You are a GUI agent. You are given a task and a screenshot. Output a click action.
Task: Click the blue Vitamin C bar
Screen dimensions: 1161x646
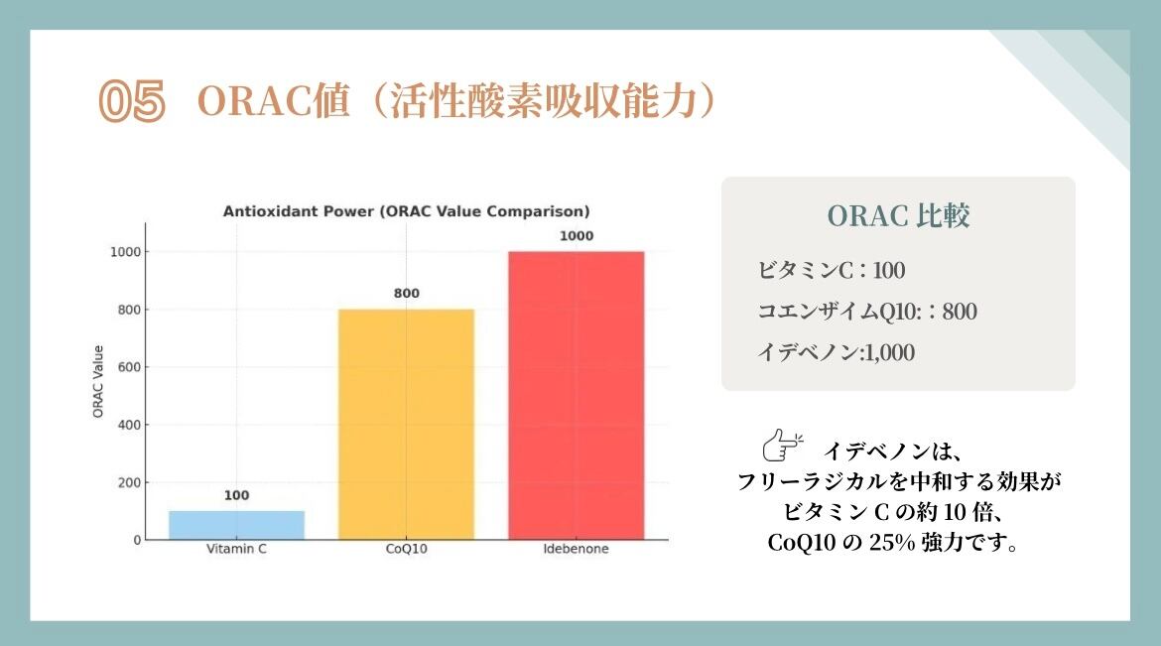(x=236, y=525)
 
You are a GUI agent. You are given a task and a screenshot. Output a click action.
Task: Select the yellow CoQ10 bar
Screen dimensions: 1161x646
(x=406, y=425)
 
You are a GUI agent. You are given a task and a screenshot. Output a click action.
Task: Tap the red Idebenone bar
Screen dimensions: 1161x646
(x=577, y=396)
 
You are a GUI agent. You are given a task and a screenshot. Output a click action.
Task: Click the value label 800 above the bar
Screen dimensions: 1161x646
(x=407, y=294)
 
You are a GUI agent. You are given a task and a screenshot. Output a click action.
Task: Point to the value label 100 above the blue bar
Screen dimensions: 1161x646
(x=237, y=495)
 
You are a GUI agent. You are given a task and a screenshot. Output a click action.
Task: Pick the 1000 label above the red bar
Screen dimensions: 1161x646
(x=577, y=235)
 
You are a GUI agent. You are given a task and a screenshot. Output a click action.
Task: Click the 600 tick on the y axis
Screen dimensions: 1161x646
(x=129, y=367)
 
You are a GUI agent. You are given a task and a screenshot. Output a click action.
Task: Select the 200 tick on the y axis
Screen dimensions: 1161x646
(x=129, y=482)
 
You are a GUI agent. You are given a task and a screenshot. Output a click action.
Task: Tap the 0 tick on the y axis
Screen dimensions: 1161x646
(x=137, y=540)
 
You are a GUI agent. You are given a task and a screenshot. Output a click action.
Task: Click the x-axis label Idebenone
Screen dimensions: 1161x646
(x=577, y=549)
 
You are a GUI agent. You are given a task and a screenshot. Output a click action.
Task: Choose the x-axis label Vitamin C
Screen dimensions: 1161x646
(x=236, y=549)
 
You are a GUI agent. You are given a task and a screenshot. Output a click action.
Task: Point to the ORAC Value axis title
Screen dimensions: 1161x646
(x=97, y=381)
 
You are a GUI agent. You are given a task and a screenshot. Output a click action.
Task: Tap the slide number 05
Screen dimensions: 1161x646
(x=133, y=101)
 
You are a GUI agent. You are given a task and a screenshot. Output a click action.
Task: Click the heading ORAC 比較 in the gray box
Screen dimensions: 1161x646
(x=898, y=215)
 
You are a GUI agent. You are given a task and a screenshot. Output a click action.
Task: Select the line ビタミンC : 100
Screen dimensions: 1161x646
(x=831, y=270)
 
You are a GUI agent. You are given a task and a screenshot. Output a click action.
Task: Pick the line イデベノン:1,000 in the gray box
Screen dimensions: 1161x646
(x=836, y=352)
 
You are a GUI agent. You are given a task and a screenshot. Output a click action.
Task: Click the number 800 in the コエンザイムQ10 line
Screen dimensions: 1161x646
(x=960, y=312)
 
